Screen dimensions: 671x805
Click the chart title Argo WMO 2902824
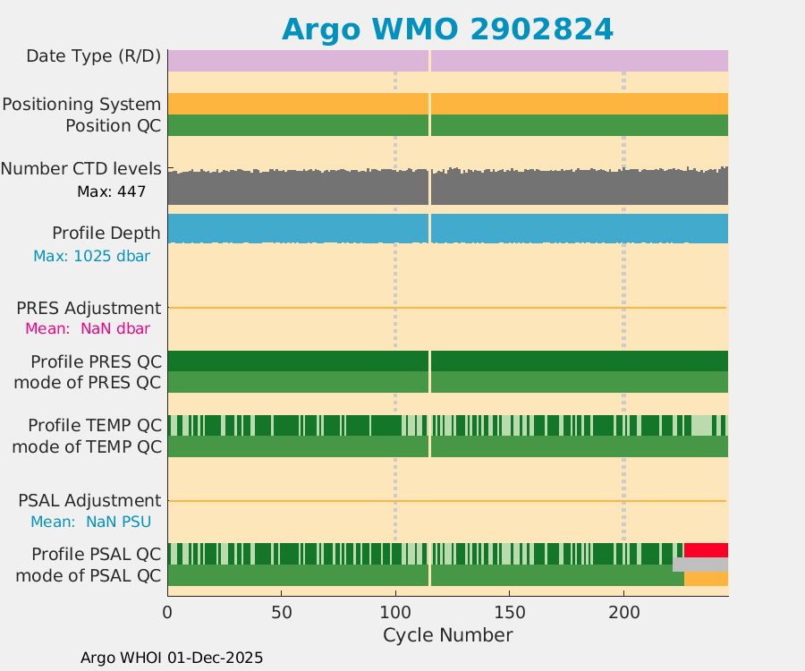(x=447, y=30)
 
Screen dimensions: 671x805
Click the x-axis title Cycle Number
(x=447, y=635)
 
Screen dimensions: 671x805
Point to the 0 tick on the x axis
(x=167, y=613)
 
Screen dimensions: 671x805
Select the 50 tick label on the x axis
(x=282, y=613)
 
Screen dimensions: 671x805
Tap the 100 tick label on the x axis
(x=395, y=613)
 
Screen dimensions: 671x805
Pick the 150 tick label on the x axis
(x=510, y=613)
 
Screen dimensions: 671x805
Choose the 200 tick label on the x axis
(x=623, y=613)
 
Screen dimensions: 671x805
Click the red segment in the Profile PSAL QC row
(x=706, y=549)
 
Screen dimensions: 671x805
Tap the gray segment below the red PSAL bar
(x=699, y=565)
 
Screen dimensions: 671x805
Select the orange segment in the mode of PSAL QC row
(x=706, y=580)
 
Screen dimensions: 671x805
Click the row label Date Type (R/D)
(x=94, y=56)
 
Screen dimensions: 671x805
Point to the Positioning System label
(x=81, y=105)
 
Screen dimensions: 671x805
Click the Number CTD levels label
(x=81, y=168)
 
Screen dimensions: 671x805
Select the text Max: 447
(x=111, y=191)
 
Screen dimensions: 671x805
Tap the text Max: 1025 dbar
(x=91, y=256)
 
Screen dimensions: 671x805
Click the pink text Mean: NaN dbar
(x=88, y=328)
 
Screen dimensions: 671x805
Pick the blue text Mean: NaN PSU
(x=90, y=522)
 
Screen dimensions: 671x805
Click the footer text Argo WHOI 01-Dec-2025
(x=172, y=658)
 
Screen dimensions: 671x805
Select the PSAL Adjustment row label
(x=89, y=500)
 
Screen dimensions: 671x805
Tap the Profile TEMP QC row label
(x=95, y=424)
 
